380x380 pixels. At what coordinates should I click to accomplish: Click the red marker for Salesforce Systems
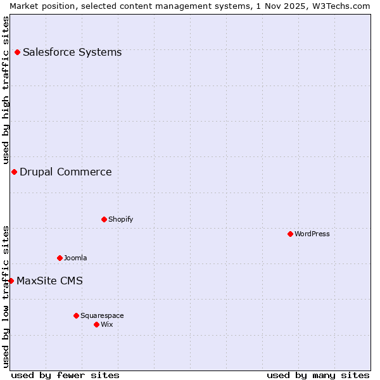[17, 52]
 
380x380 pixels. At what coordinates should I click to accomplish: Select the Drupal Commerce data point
[14, 172]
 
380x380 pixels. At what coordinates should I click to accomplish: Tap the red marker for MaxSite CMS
[11, 281]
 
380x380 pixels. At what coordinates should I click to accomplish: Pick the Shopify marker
[104, 219]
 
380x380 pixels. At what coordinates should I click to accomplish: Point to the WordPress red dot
[290, 234]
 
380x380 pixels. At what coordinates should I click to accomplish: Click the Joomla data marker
[60, 258]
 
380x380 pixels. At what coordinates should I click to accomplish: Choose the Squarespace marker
[76, 315]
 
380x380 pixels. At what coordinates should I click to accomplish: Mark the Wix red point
[96, 324]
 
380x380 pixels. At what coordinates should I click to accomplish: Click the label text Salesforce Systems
[72, 52]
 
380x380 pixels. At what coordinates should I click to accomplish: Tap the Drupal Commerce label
[66, 172]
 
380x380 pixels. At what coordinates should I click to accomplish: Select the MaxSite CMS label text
[49, 281]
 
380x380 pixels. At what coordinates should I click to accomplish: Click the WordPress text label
[312, 234]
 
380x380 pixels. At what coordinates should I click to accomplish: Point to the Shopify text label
[121, 219]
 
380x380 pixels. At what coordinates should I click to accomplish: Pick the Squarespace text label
[102, 315]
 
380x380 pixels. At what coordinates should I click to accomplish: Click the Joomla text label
[75, 258]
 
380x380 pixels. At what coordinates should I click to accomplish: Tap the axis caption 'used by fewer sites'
[65, 375]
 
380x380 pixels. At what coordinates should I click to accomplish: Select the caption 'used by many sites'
[318, 375]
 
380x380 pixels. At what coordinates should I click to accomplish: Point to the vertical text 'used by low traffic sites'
[6, 296]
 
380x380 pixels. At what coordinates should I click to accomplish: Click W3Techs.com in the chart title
[339, 6]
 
